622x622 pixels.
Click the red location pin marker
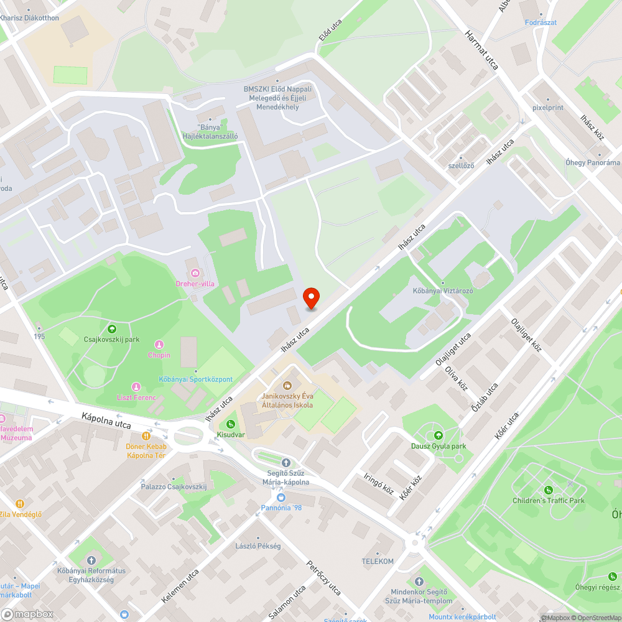click(311, 299)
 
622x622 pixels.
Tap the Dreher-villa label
click(195, 284)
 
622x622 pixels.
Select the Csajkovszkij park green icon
click(112, 329)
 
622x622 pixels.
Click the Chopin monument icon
click(159, 345)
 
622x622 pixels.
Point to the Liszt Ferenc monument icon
click(137, 387)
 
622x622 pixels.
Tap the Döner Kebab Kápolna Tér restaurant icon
click(146, 436)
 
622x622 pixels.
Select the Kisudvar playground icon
click(231, 424)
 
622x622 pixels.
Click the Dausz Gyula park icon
click(439, 435)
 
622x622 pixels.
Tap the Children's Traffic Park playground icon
click(549, 490)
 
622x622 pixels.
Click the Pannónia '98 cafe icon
click(281, 497)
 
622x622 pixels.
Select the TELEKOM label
click(378, 561)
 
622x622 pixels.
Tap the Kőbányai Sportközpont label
click(196, 379)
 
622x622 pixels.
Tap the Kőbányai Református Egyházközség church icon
click(92, 560)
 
